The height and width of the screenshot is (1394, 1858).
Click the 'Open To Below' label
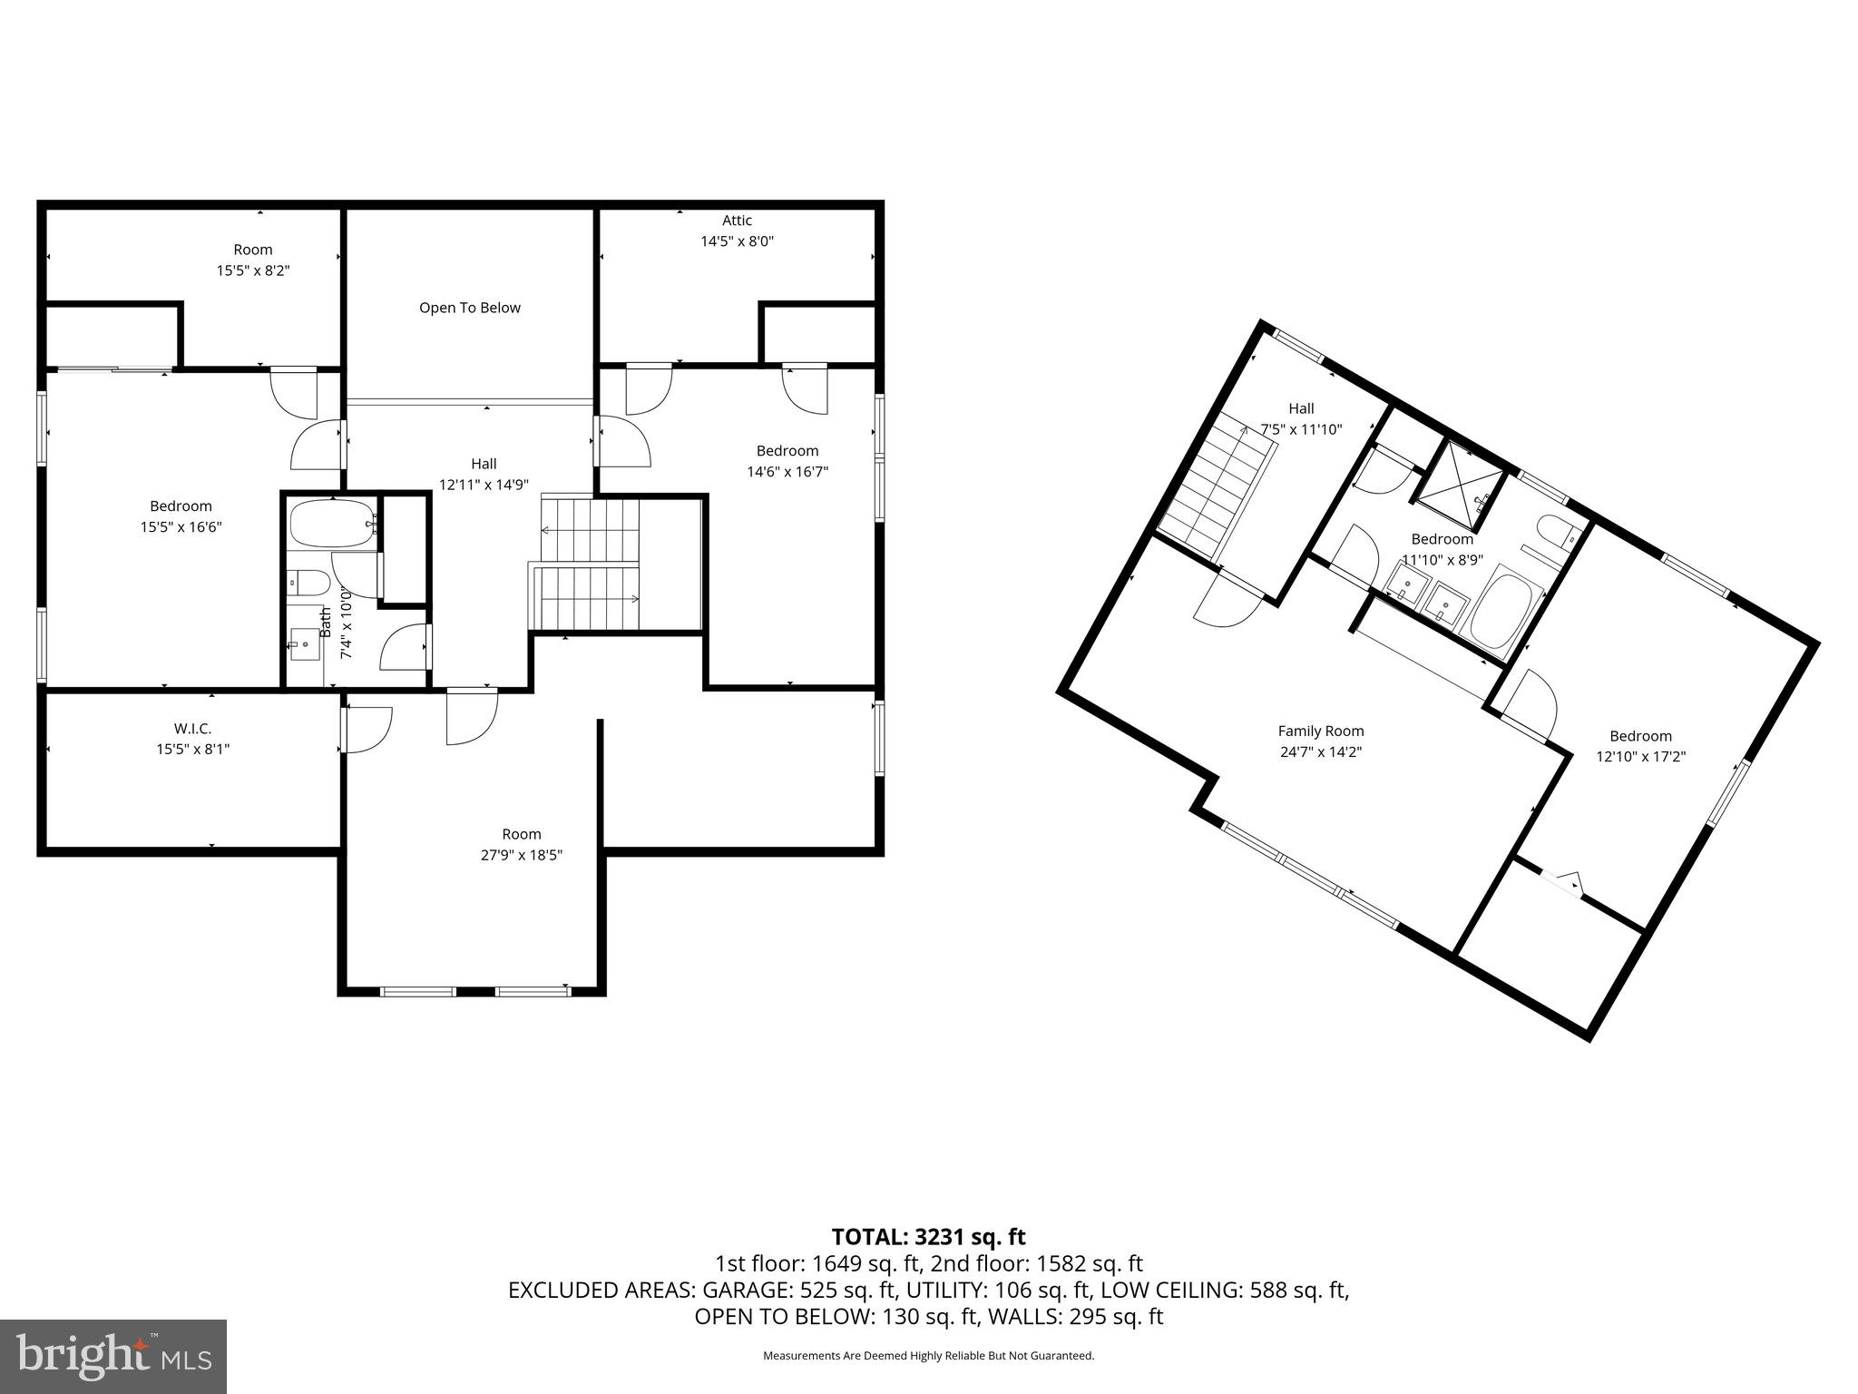pos(469,308)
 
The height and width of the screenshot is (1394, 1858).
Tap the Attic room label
pos(737,221)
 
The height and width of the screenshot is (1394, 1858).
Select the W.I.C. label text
pos(192,729)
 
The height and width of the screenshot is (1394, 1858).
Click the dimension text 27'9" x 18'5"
pos(522,855)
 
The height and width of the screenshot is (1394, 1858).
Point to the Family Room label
pos(1320,731)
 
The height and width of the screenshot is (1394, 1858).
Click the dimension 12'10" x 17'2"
pos(1640,756)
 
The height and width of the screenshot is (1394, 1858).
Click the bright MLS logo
pos(113,1356)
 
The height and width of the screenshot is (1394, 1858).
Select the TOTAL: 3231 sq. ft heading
pos(928,1237)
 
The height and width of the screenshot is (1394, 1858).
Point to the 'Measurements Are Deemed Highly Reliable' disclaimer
pos(928,1356)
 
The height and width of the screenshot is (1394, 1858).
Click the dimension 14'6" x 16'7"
pos(787,472)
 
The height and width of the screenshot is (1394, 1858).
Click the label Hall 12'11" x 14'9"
pos(484,474)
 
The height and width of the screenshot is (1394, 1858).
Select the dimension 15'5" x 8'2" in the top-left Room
pos(253,270)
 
